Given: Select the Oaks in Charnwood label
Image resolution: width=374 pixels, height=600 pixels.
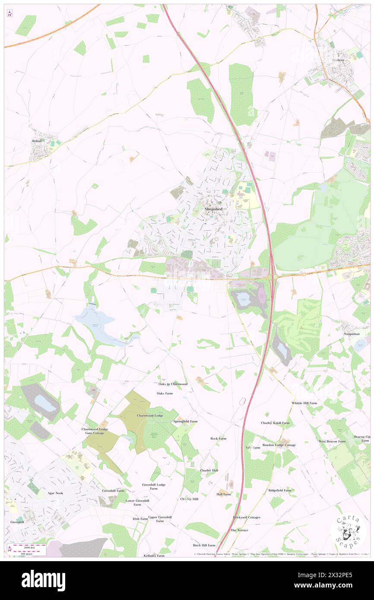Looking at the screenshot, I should click(172, 384).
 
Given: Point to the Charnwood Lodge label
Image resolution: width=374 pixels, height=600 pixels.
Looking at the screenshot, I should click(150, 415).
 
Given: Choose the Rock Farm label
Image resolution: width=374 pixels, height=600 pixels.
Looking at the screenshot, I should click(218, 439).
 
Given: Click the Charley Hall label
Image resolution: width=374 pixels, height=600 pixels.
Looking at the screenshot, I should click(209, 470).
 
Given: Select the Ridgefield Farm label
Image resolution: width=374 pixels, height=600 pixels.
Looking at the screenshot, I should click(280, 490).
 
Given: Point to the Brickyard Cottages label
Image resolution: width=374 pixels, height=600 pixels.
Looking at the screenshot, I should click(247, 517).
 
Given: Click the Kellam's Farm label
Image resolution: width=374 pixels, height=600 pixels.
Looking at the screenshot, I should click(155, 555).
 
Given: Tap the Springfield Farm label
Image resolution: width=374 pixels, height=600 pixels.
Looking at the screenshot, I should click(185, 421).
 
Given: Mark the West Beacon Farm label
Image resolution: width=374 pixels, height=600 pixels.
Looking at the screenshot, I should click(332, 442).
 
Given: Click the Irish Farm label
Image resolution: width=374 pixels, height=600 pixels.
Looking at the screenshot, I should click(140, 518).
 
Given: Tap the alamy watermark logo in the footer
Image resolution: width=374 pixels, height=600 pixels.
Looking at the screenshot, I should click(43, 581).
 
